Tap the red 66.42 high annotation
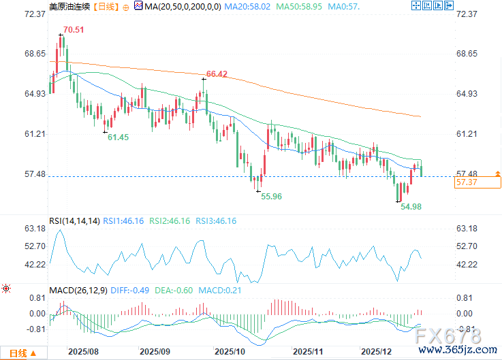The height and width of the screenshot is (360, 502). (x=217, y=73)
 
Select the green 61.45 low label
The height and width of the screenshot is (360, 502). (x=118, y=137)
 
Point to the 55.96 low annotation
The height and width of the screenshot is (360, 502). (x=271, y=196)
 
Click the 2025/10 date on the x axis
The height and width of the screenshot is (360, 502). (x=229, y=352)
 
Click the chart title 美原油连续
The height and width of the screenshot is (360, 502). (x=69, y=6)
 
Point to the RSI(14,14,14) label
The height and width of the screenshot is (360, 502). (x=74, y=220)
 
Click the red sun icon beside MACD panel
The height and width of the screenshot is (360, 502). (x=6, y=289)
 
